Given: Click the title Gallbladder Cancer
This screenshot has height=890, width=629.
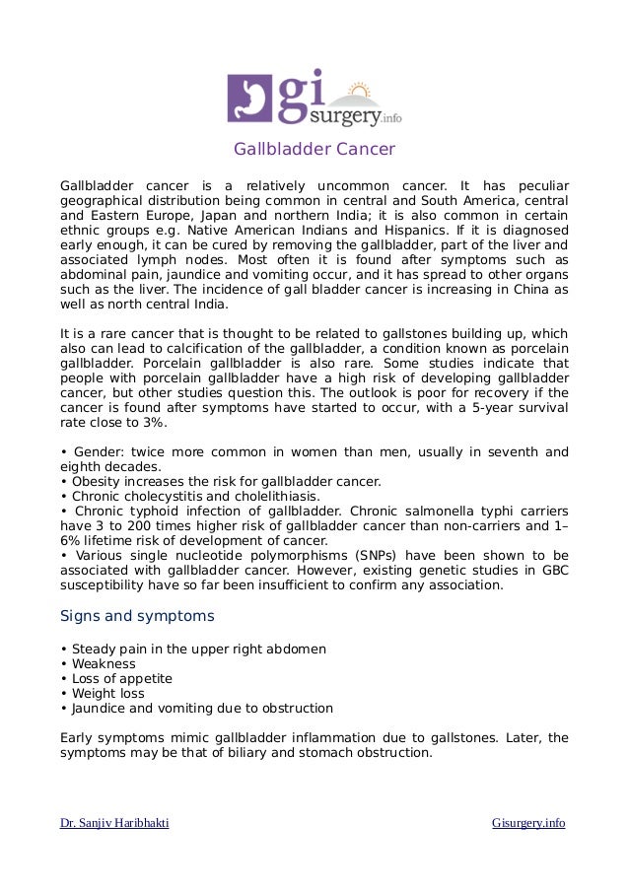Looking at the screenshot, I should pyautogui.click(x=314, y=150).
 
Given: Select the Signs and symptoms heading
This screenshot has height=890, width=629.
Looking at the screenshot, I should pyautogui.click(x=137, y=617).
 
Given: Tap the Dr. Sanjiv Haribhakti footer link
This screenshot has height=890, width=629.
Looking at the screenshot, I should pyautogui.click(x=114, y=823).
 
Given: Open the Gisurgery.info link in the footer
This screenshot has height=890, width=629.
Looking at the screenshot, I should pyautogui.click(x=528, y=823).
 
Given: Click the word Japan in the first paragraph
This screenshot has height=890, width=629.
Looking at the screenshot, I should pyautogui.click(x=221, y=215).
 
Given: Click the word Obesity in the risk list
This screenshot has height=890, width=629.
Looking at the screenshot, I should pyautogui.click(x=97, y=482).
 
